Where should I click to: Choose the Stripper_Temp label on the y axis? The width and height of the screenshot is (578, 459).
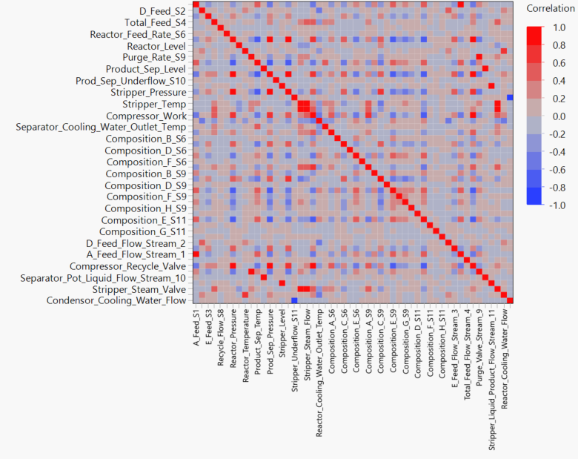(154, 105)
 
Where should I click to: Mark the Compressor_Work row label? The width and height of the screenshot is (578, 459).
(146, 116)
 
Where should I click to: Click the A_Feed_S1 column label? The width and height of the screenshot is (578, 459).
(196, 326)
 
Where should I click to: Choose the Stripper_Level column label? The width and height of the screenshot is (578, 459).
(282, 332)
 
